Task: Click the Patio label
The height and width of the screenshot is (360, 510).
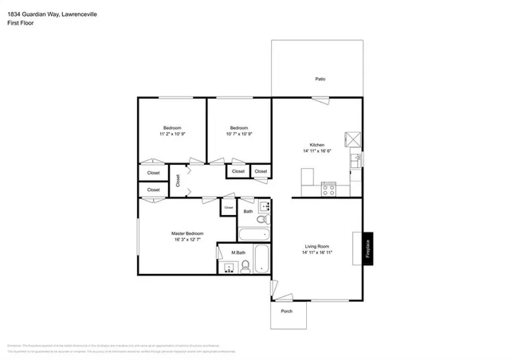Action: [320, 79]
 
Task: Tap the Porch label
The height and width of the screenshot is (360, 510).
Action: [286, 311]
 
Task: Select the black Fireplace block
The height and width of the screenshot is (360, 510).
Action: [367, 248]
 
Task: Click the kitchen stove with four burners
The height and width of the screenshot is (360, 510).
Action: [328, 189]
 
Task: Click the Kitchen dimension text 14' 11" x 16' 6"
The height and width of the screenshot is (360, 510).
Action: [316, 151]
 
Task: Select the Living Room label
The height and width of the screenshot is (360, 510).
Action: [316, 246]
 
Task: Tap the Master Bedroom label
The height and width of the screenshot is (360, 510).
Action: [187, 233]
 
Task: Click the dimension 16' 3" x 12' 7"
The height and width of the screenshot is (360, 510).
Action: [187, 240]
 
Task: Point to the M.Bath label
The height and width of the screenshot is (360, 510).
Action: [237, 253]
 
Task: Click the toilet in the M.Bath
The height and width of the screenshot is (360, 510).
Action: [246, 267]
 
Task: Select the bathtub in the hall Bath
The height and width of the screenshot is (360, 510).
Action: [255, 235]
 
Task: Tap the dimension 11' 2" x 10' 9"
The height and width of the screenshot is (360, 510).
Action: [172, 134]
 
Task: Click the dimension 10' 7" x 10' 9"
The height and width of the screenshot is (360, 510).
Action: [239, 134]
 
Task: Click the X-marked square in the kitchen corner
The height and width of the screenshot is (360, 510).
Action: [352, 139]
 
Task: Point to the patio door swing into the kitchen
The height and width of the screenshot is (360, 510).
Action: [320, 100]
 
